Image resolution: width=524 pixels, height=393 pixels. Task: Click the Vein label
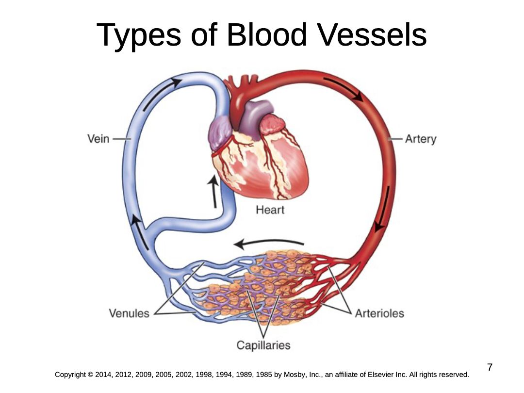click(x=98, y=139)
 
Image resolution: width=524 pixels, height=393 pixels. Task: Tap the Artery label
click(x=421, y=139)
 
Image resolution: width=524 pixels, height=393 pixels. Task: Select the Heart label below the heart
click(x=270, y=210)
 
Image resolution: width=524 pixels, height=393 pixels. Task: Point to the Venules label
click(x=129, y=313)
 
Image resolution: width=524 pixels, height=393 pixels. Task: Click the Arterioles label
click(x=379, y=313)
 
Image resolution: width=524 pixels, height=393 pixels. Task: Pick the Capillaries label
click(x=263, y=345)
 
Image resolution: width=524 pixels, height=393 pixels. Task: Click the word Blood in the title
click(x=267, y=35)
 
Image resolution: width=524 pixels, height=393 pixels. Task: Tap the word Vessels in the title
click(x=372, y=35)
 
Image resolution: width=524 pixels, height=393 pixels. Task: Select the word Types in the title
click(x=139, y=36)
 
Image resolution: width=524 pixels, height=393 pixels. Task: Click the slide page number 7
click(x=490, y=367)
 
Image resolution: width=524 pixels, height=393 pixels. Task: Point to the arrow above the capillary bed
click(x=268, y=243)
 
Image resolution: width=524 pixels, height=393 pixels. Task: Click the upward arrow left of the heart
click(x=213, y=192)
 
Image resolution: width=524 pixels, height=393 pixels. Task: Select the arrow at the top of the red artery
click(x=344, y=89)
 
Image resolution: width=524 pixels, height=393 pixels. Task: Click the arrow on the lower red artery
click(x=382, y=209)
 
